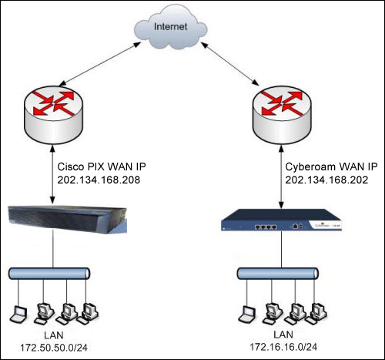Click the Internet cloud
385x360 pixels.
coord(170,29)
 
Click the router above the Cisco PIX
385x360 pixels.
coord(53,115)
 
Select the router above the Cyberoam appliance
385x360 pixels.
coord(282,115)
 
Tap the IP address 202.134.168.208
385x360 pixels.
coord(99,180)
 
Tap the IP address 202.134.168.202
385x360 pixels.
coord(326,180)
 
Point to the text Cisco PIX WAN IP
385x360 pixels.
coord(102,167)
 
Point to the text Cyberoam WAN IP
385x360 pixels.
coord(331,167)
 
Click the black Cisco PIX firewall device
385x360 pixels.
coord(68,219)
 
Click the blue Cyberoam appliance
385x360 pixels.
coord(282,220)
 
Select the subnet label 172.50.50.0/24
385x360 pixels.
coord(54,348)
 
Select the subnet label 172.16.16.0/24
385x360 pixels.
coord(283,347)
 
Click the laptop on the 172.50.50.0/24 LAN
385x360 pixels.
coord(18,315)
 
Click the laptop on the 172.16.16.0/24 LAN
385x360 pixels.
coord(247,315)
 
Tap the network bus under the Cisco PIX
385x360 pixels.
coord(49,274)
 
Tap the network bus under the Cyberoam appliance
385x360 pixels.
coord(278,274)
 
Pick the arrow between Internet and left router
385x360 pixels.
coord(100,64)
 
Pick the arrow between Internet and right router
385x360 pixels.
coord(230,64)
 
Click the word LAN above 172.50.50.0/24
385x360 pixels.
coord(54,335)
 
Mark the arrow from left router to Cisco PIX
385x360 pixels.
coord(52,174)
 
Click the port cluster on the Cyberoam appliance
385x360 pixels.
coord(266,227)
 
